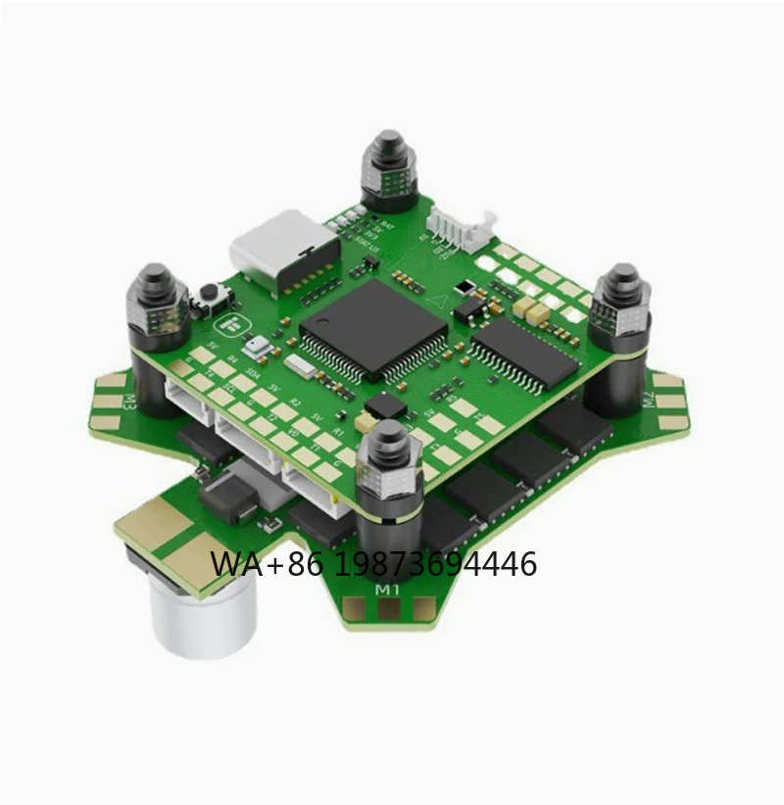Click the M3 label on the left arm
(x=128, y=401)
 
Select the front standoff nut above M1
(x=389, y=458)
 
